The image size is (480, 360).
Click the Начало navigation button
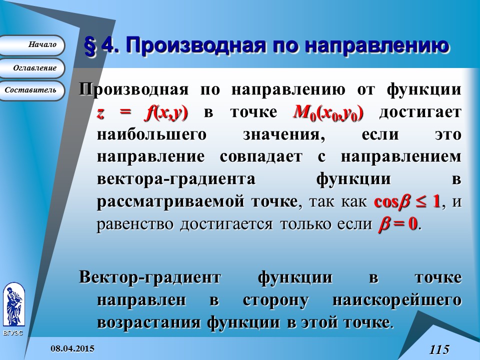pyautogui.click(x=31, y=45)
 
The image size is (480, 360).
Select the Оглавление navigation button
pyautogui.click(x=31, y=68)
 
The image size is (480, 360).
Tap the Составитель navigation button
pyautogui.click(x=31, y=90)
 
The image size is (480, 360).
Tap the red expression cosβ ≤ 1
pyautogui.click(x=407, y=202)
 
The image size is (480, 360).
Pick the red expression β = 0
pyautogui.click(x=398, y=224)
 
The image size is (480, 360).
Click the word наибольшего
pyautogui.click(x=152, y=134)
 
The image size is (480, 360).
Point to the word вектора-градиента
pyautogui.click(x=176, y=179)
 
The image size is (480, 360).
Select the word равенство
pyautogui.click(x=134, y=224)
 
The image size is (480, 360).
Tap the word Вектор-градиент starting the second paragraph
pyautogui.click(x=149, y=278)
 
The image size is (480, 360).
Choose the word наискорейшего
pyautogui.click(x=397, y=300)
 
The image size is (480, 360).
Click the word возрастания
pyautogui.click(x=149, y=323)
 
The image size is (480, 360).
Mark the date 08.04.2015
pyautogui.click(x=72, y=348)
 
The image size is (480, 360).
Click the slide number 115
pyautogui.click(x=439, y=349)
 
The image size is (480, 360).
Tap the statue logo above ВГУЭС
pyautogui.click(x=14, y=304)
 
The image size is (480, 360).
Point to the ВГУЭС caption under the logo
pyautogui.click(x=13, y=333)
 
